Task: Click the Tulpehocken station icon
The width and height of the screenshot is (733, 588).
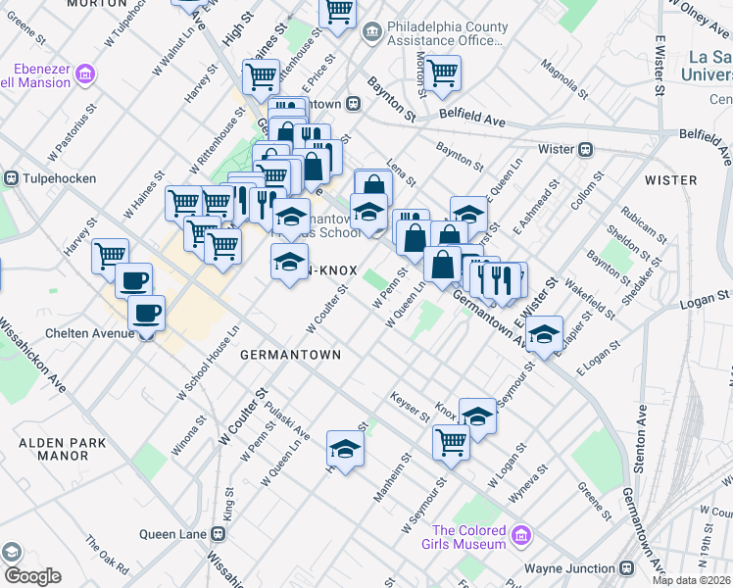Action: (12, 178)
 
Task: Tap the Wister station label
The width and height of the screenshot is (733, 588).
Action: (557, 149)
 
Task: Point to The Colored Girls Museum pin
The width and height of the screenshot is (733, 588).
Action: (521, 535)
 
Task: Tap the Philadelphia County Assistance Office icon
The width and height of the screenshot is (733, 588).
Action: (372, 33)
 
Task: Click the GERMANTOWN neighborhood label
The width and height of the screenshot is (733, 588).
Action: (290, 355)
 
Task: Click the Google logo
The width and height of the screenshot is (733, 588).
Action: (31, 576)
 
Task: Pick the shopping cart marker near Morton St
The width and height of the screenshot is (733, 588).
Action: (443, 71)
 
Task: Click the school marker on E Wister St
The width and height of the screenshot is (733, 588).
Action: (544, 333)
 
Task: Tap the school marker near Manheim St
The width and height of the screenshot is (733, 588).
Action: (345, 448)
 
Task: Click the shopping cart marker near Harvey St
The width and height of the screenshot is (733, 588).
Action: (111, 256)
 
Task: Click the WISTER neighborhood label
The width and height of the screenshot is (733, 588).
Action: (671, 180)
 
